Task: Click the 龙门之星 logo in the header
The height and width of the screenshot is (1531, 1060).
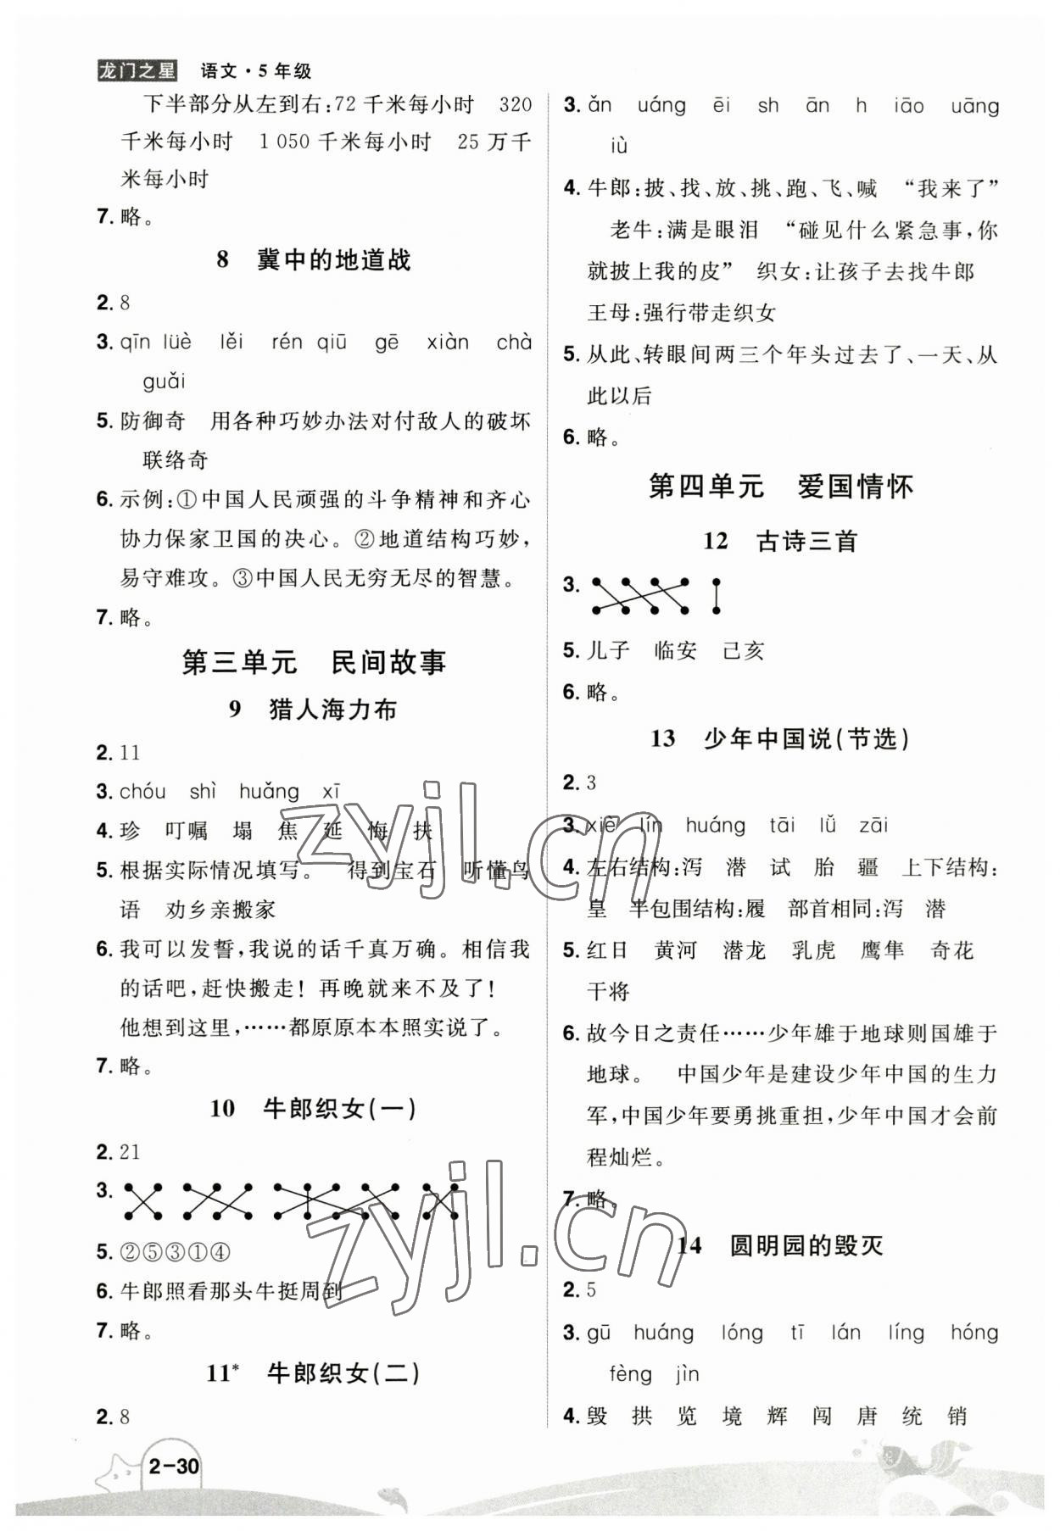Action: pyautogui.click(x=137, y=71)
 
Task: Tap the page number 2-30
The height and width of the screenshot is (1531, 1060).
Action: pyautogui.click(x=173, y=1466)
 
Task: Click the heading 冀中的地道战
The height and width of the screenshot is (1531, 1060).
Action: pyautogui.click(x=314, y=259)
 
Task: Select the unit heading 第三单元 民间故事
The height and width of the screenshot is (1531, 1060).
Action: pyautogui.click(x=314, y=662)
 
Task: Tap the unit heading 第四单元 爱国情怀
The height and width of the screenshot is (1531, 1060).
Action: pyautogui.click(x=780, y=487)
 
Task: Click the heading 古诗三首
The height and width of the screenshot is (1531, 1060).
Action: pyautogui.click(x=780, y=541)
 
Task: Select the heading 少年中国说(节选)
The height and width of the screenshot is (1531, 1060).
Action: pyautogui.click(x=780, y=738)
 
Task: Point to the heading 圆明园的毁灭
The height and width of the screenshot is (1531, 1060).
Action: pyautogui.click(x=780, y=1245)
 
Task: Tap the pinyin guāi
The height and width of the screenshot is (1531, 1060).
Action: pyautogui.click(x=164, y=381)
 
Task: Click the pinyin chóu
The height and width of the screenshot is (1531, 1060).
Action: pyautogui.click(x=142, y=792)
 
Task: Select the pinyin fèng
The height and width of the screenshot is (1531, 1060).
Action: pyautogui.click(x=630, y=1374)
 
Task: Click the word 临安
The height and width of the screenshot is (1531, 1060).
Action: pyautogui.click(x=676, y=650)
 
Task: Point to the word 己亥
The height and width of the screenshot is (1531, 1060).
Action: pyautogui.click(x=744, y=650)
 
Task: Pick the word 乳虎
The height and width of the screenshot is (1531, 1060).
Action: pyautogui.click(x=813, y=950)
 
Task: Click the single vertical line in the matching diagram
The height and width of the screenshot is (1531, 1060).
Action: pyautogui.click(x=717, y=596)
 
